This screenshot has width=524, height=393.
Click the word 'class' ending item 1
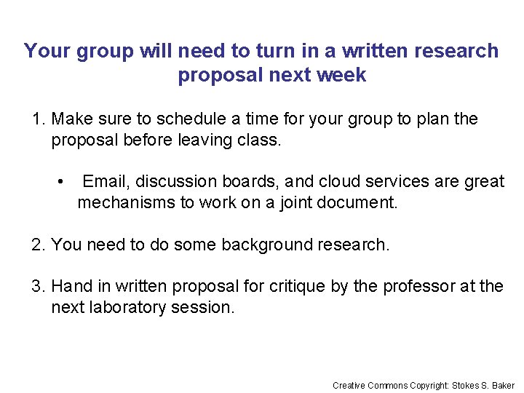(x=258, y=140)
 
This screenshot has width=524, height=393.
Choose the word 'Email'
(x=106, y=181)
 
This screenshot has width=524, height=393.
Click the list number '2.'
(x=39, y=245)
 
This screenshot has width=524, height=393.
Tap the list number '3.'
(x=39, y=286)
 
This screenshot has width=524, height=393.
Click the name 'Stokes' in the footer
(x=464, y=385)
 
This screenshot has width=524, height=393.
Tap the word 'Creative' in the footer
(x=349, y=385)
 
